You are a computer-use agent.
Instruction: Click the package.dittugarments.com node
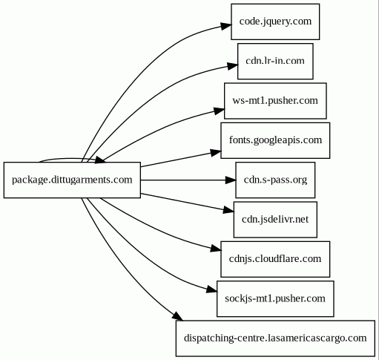point(72,180)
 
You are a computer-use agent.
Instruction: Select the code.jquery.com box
point(275,22)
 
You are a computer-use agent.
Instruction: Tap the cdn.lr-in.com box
point(275,61)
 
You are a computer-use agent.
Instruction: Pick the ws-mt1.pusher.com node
point(275,101)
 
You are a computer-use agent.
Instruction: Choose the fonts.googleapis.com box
point(275,140)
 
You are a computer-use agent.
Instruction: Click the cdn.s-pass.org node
point(275,180)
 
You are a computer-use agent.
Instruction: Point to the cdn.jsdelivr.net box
point(275,220)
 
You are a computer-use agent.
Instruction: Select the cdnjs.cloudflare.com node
point(275,259)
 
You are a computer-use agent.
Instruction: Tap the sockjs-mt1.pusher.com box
point(275,298)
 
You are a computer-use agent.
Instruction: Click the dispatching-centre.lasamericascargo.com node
point(275,338)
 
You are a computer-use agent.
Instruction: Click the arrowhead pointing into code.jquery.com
point(226,26)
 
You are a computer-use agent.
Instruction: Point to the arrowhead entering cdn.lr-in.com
point(233,66)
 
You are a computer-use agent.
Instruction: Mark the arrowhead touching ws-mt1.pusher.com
point(220,111)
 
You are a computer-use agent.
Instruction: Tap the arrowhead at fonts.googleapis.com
point(216,152)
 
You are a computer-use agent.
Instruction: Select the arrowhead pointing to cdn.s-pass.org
point(231,180)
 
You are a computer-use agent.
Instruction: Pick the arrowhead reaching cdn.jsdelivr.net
point(228,210)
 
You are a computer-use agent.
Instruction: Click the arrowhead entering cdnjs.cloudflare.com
point(216,249)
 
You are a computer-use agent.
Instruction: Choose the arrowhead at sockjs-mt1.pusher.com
point(212,289)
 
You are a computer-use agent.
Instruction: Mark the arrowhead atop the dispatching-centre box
point(177,316)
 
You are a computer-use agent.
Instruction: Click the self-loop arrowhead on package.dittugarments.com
point(100,160)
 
